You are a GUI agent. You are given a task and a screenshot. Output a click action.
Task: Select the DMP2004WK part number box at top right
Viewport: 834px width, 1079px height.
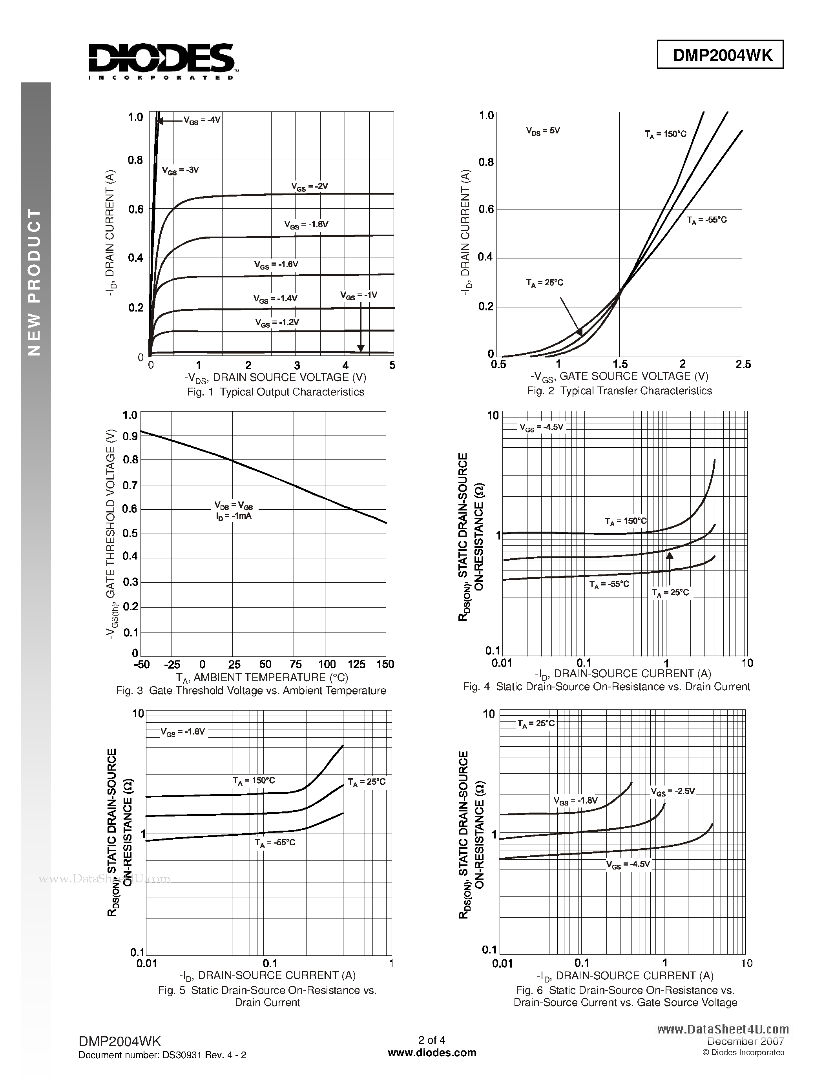point(720,55)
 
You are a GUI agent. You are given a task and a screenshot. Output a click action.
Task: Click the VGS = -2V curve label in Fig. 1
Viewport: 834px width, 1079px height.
point(310,187)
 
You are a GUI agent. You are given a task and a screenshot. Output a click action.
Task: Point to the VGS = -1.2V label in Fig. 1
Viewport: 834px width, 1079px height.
point(277,323)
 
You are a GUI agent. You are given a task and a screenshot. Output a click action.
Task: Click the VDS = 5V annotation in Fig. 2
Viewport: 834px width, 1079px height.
point(543,131)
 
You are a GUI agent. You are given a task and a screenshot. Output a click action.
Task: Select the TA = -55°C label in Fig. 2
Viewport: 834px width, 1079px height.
point(706,221)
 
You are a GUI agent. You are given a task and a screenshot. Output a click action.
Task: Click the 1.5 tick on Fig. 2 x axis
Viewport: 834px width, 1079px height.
point(620,364)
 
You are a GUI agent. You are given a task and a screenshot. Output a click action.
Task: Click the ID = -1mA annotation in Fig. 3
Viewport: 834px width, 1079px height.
point(234,516)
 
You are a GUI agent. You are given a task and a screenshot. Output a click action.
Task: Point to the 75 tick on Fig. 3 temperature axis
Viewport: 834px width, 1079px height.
point(296,664)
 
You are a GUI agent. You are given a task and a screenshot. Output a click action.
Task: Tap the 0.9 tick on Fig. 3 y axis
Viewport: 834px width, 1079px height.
point(130,436)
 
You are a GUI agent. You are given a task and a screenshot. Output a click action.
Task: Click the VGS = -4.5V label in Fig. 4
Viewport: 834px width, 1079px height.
point(541,427)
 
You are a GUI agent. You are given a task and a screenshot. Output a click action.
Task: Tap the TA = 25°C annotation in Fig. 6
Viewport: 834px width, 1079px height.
point(536,724)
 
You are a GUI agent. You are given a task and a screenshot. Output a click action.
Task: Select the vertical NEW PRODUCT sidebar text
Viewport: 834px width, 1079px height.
point(34,282)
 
